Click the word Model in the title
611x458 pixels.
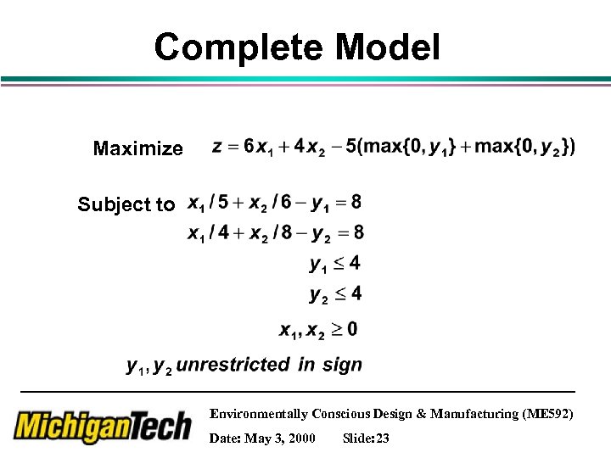click(x=388, y=47)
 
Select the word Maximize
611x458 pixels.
click(x=137, y=149)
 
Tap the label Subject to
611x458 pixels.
click(x=126, y=204)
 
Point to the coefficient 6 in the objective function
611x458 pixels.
click(x=248, y=146)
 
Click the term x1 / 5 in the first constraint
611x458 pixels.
click(x=208, y=203)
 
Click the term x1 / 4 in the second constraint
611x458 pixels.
click(x=208, y=232)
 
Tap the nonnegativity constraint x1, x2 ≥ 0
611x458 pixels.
click(x=318, y=329)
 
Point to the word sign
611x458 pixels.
click(x=342, y=366)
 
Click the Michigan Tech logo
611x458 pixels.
click(x=102, y=427)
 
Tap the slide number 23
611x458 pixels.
click(x=382, y=438)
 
